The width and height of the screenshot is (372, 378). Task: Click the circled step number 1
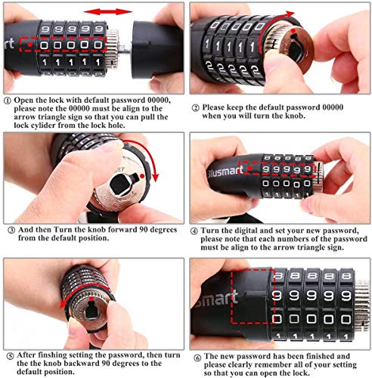(8, 101)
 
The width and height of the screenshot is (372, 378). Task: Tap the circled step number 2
(196, 108)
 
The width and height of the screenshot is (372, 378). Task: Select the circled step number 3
(11, 231)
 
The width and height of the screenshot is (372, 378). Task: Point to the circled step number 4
(194, 231)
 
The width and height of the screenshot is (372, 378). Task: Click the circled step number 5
(10, 356)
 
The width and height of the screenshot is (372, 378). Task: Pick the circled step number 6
(197, 358)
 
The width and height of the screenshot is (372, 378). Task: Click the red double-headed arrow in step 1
(108, 11)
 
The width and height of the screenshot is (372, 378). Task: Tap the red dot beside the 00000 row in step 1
(30, 45)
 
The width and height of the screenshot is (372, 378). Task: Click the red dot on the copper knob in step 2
(293, 31)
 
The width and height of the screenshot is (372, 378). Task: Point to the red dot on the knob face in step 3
(142, 176)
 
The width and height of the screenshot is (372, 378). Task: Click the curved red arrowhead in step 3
(155, 177)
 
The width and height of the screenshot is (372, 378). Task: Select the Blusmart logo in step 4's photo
(225, 172)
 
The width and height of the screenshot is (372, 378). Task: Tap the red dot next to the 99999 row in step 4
(250, 169)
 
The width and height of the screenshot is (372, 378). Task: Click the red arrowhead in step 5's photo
(63, 304)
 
